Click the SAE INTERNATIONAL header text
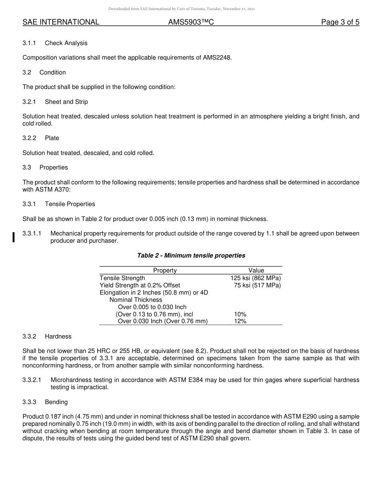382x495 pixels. point(61,23)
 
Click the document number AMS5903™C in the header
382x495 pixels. point(191,23)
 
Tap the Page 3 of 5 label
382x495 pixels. point(340,23)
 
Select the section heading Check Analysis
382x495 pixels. point(66,43)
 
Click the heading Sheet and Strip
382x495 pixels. point(66,102)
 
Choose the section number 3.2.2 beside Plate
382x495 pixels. point(29,138)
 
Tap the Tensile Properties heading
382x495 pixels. point(70,204)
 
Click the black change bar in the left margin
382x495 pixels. point(14,237)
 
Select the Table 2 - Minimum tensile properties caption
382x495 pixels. point(191,256)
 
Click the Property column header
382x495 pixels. point(165,270)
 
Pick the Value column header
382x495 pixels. point(256,270)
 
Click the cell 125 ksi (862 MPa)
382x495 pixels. point(256,278)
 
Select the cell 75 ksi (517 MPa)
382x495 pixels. point(257,285)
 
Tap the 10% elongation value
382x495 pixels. point(240,314)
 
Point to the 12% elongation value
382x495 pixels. point(240,321)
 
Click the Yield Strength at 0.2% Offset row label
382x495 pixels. point(140,285)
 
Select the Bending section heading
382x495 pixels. point(56,402)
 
